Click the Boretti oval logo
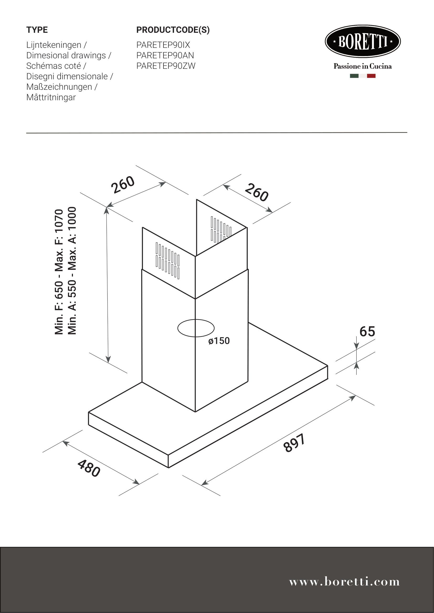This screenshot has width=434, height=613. (363, 42)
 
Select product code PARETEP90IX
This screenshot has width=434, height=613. (163, 45)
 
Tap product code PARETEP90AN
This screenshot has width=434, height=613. (165, 55)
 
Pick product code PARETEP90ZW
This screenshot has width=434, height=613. (166, 66)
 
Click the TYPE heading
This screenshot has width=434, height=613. (37, 30)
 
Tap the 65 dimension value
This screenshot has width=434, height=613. (367, 332)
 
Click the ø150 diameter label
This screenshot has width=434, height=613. (219, 341)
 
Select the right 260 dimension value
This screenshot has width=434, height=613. (256, 192)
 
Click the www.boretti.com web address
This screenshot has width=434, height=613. (345, 582)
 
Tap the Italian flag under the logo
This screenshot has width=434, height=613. (363, 76)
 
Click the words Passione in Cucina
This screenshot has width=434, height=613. (363, 66)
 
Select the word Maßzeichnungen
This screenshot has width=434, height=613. (59, 87)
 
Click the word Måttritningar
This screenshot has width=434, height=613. (51, 97)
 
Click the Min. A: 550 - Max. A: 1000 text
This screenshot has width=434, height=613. (72, 270)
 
